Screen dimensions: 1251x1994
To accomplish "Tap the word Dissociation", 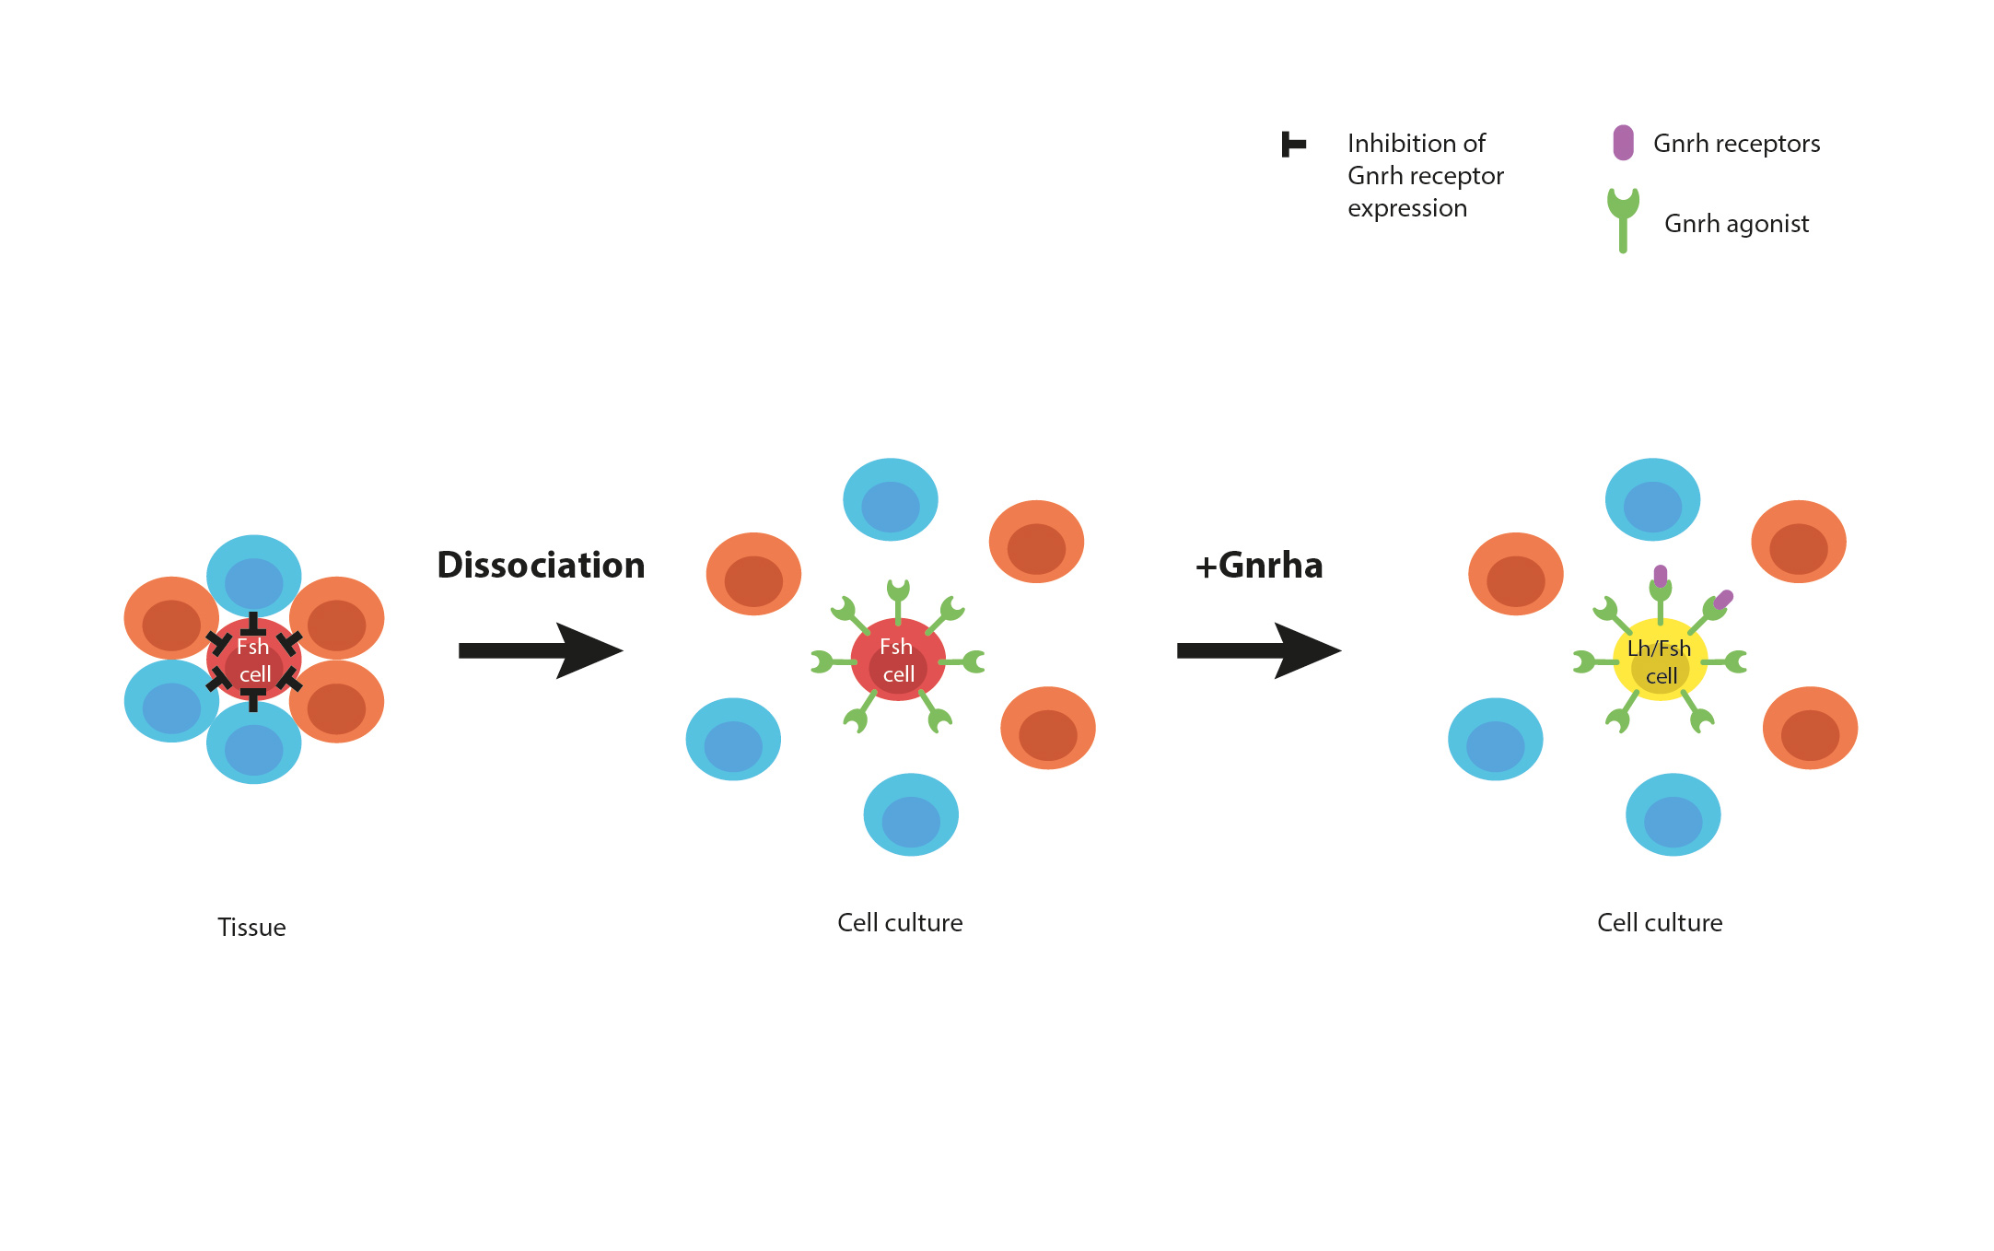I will pyautogui.click(x=541, y=565).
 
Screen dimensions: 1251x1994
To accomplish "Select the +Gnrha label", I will pyautogui.click(x=1258, y=565).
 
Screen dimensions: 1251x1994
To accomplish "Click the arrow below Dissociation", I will pyautogui.click(x=541, y=650).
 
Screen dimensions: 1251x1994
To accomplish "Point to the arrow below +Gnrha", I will pyautogui.click(x=1258, y=650).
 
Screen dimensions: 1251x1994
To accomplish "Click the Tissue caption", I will pyautogui.click(x=251, y=927).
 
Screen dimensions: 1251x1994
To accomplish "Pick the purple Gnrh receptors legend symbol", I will pyautogui.click(x=1623, y=143).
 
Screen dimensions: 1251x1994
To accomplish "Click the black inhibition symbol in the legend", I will pyautogui.click(x=1293, y=145).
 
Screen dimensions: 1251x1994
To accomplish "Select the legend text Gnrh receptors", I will pyautogui.click(x=1736, y=144).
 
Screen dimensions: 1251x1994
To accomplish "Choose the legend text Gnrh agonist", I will pyautogui.click(x=1736, y=224).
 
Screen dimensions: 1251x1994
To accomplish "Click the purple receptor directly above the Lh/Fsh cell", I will pyautogui.click(x=1660, y=576).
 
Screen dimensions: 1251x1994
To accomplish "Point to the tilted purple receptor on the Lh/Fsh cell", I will pyautogui.click(x=1723, y=600).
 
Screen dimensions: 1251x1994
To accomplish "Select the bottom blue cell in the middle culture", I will pyautogui.click(x=911, y=814).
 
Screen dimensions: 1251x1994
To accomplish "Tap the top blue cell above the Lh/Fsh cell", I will pyautogui.click(x=1652, y=499).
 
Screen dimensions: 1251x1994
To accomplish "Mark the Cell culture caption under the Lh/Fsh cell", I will pyautogui.click(x=1660, y=922).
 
